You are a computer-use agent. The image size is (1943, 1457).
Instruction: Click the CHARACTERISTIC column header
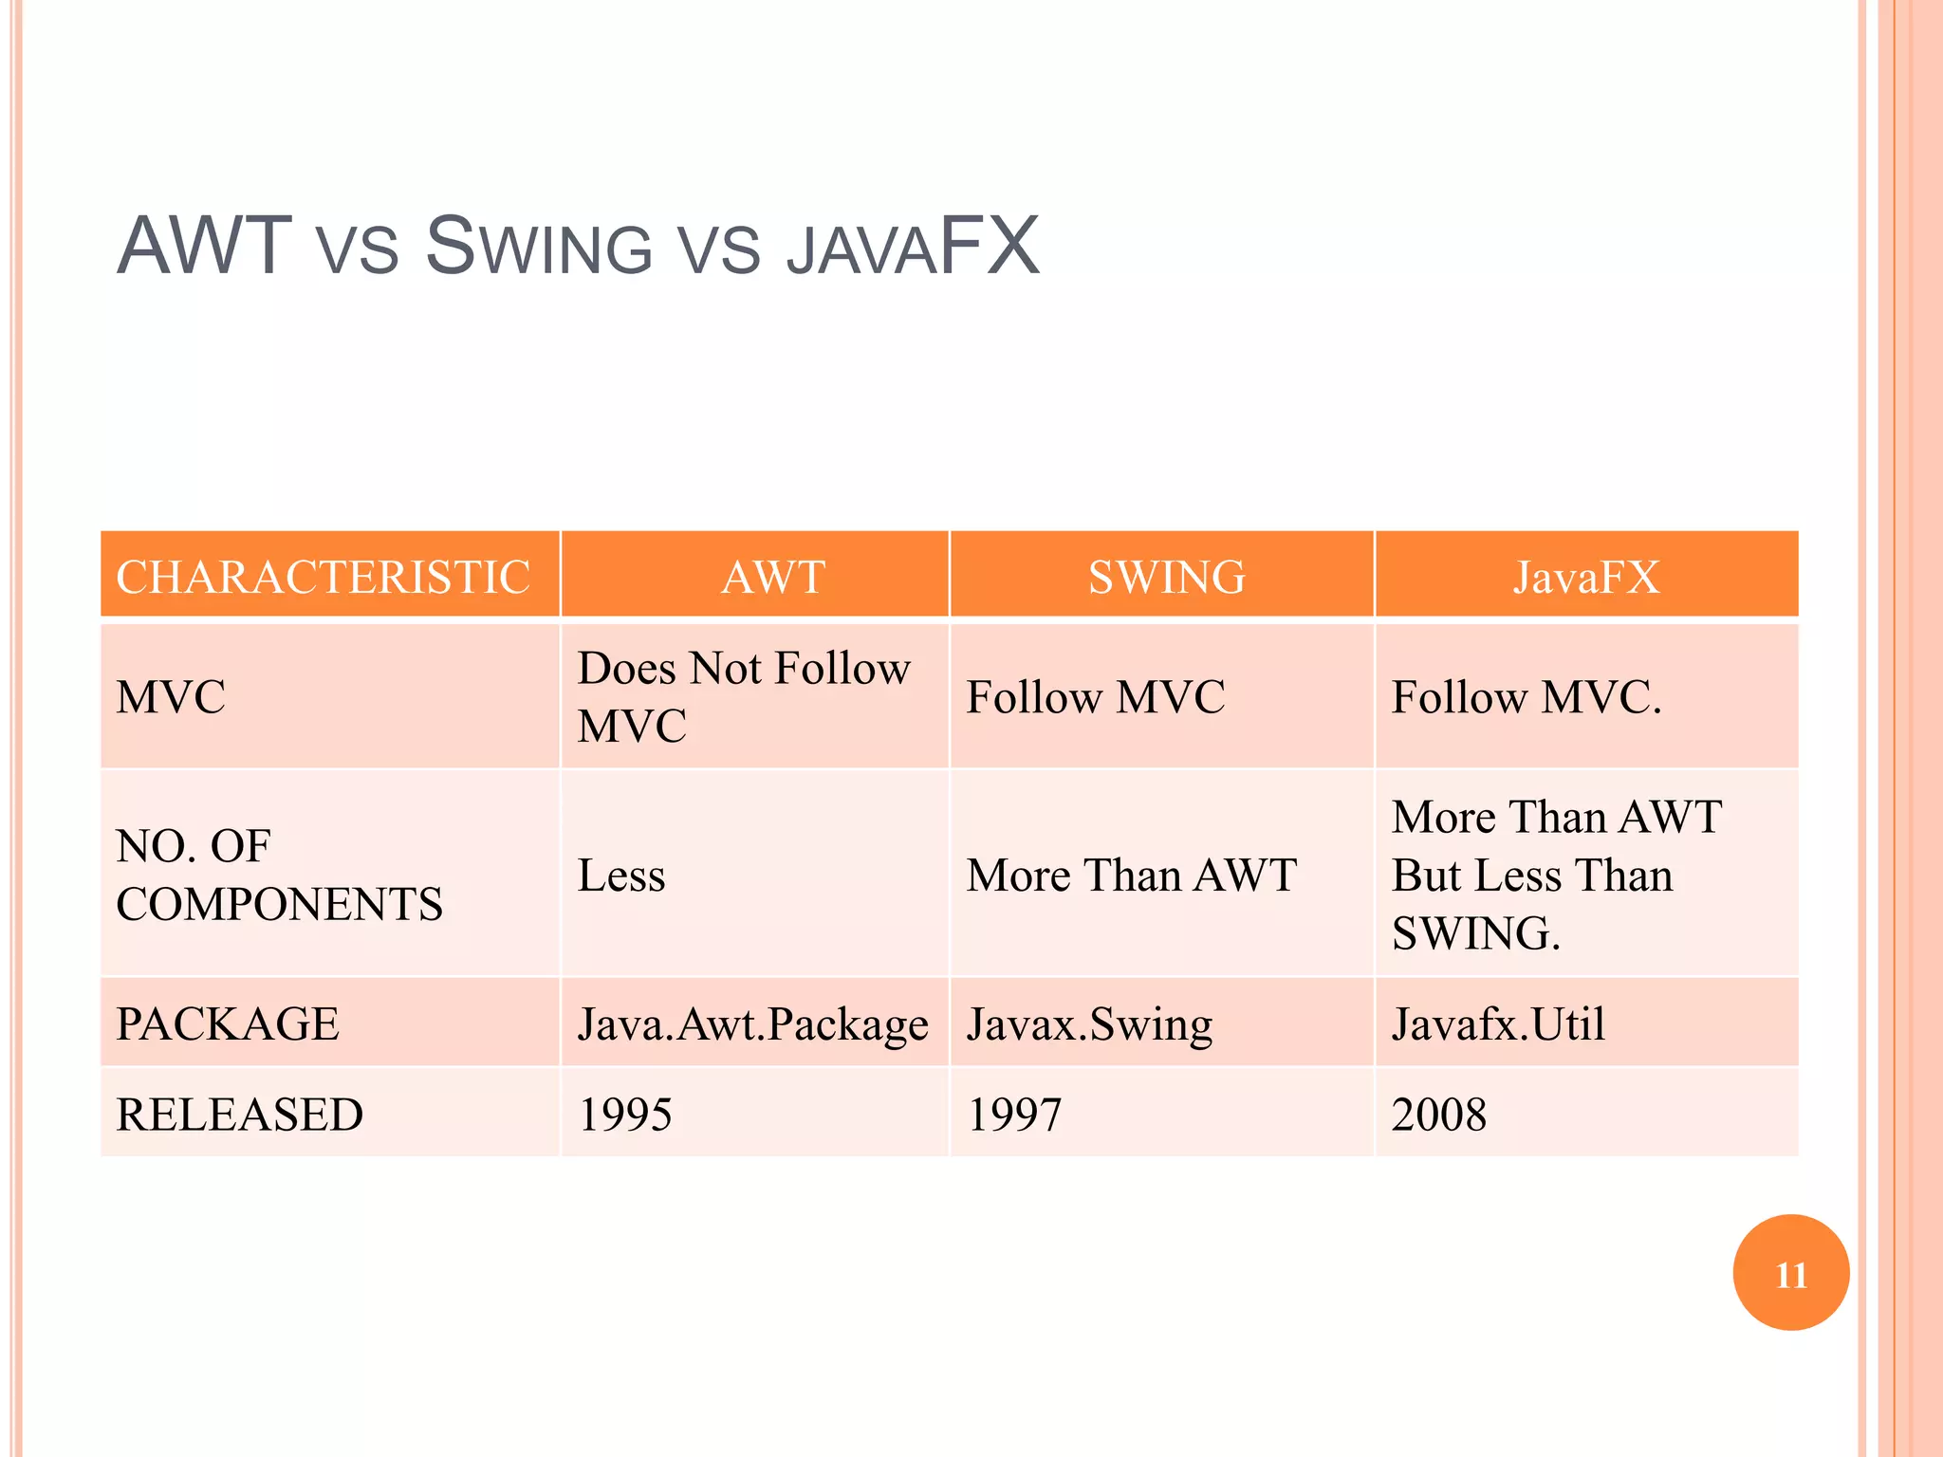coord(323,577)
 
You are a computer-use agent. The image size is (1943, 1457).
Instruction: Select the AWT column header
coord(773,577)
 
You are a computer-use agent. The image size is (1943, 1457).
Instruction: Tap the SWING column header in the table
coord(1166,577)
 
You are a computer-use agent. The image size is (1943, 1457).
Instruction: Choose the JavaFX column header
coord(1586,577)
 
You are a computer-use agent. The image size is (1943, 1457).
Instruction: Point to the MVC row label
coord(171,697)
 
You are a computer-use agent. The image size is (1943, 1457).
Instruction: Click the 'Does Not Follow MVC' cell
coord(744,697)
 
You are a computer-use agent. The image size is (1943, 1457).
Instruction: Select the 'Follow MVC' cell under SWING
coord(1096,697)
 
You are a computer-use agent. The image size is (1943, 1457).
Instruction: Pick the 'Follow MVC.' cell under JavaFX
coord(1527,697)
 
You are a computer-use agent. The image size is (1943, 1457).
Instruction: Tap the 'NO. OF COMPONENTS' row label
coord(279,875)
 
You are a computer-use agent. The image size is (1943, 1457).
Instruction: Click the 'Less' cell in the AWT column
coord(621,875)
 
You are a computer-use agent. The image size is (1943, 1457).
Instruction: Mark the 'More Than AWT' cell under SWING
coord(1132,875)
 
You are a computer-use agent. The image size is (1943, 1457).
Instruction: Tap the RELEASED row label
coord(239,1115)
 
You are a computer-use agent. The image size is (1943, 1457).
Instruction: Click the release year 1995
coord(625,1115)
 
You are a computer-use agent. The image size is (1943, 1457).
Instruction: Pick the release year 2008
coord(1438,1115)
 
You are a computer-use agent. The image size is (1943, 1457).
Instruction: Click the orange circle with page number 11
coord(1790,1273)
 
